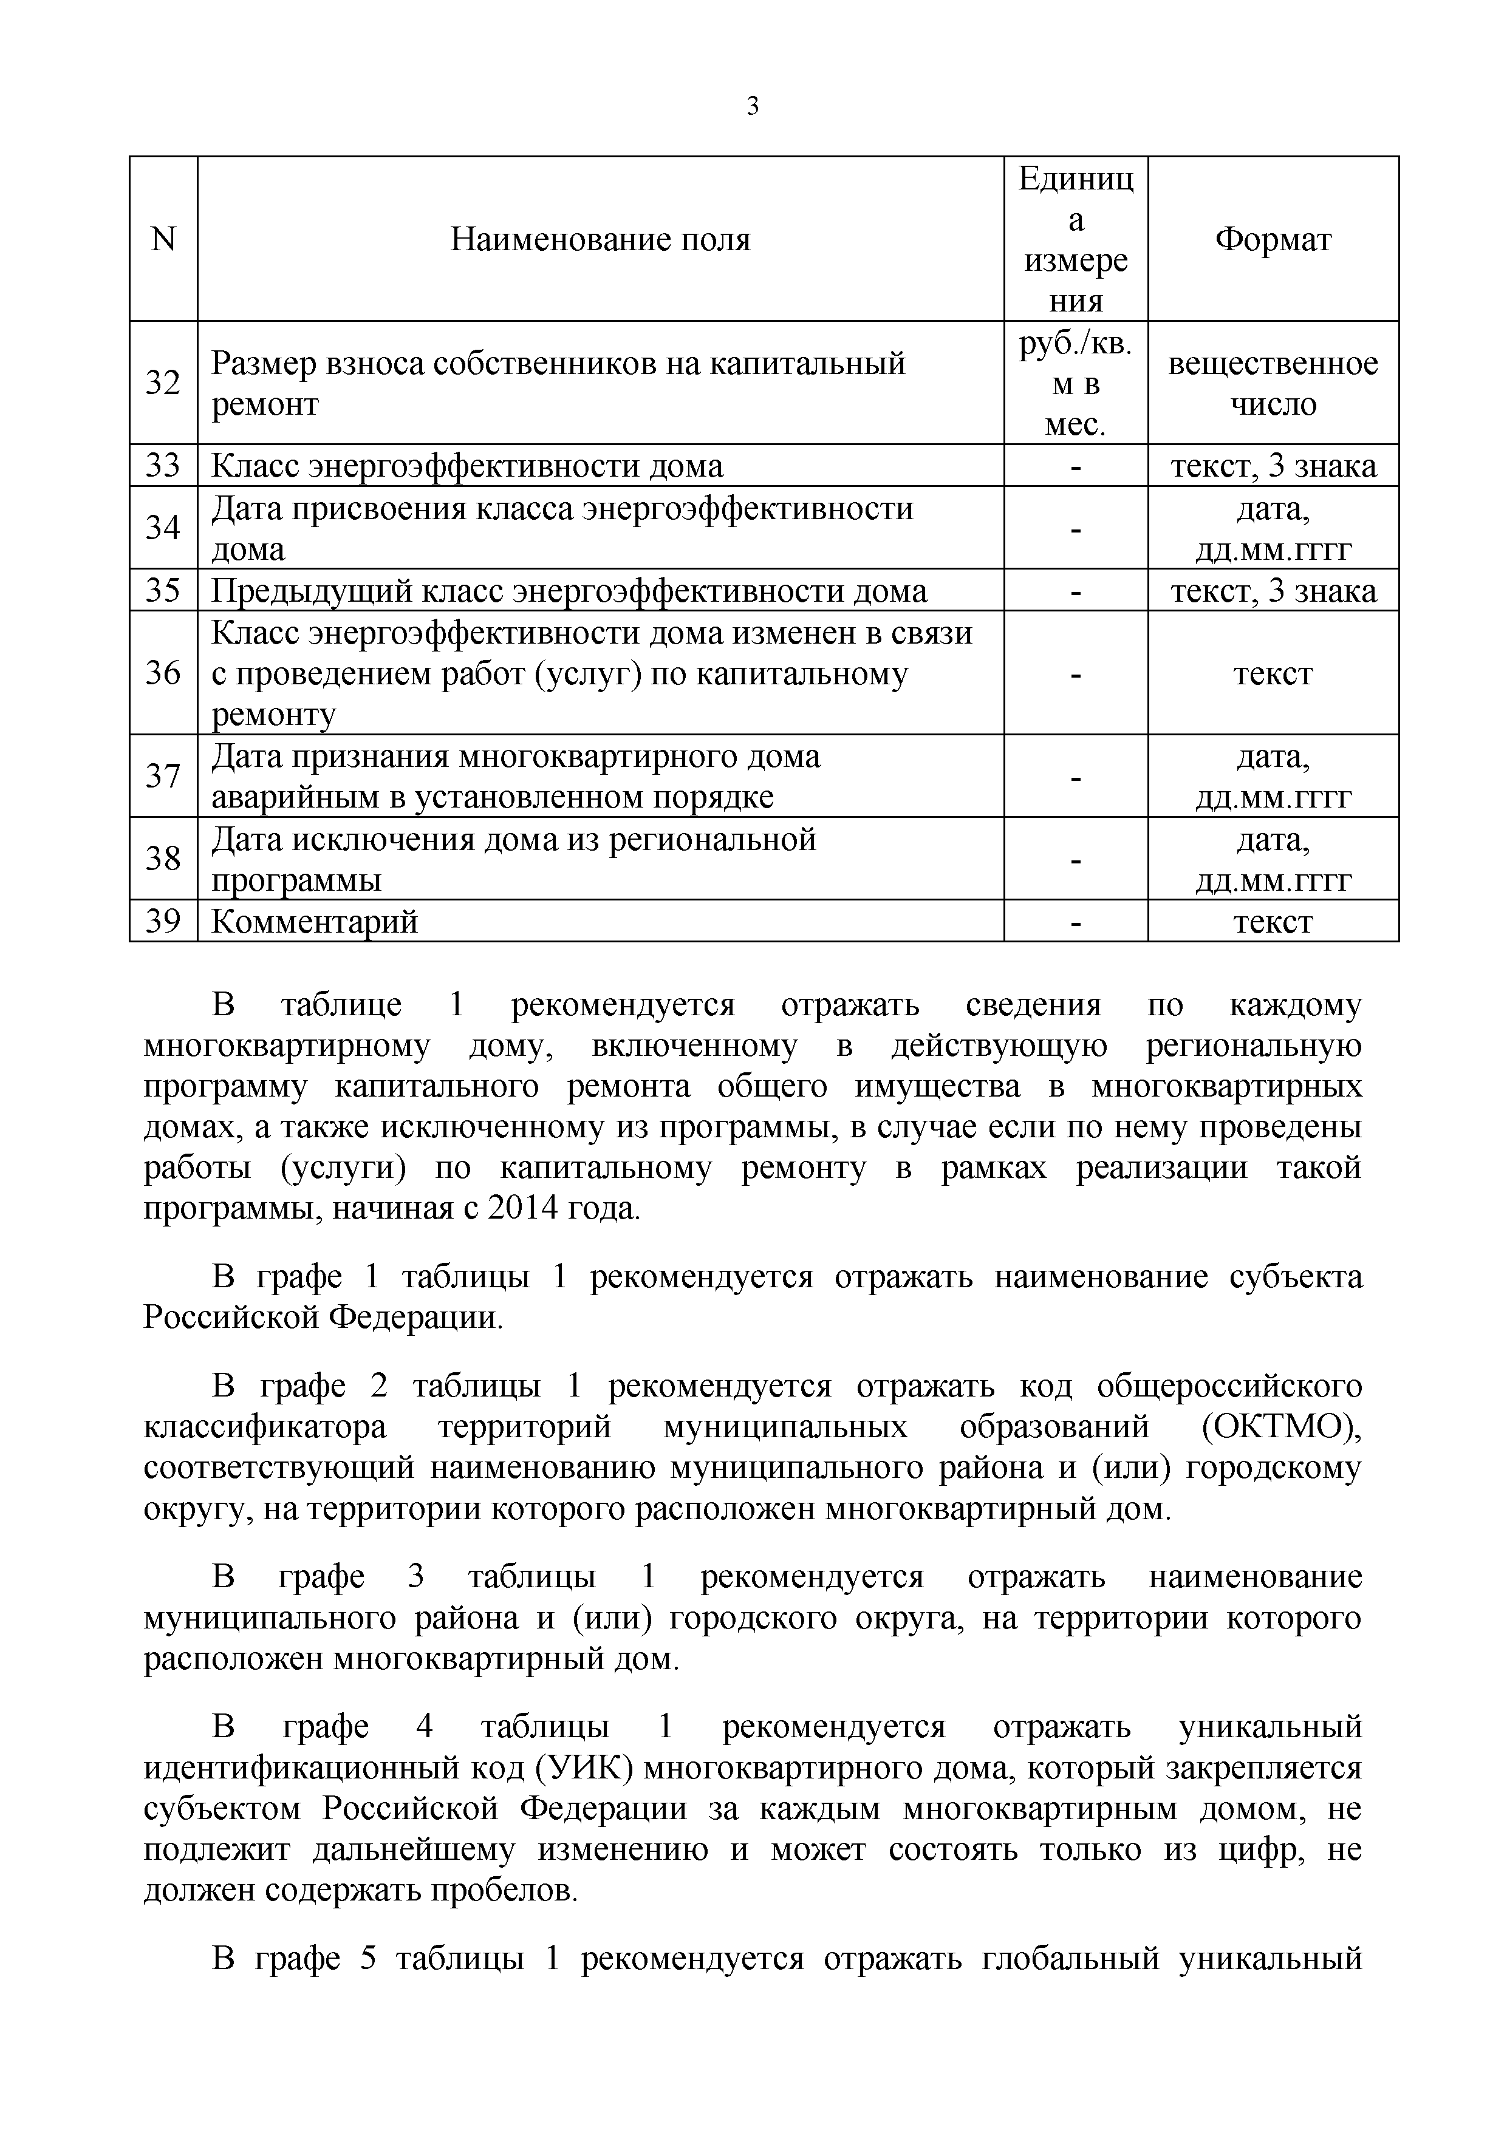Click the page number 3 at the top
click(753, 107)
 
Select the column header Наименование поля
click(600, 240)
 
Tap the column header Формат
click(1273, 240)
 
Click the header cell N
click(163, 240)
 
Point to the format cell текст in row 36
click(1273, 673)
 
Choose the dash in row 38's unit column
click(1076, 860)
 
